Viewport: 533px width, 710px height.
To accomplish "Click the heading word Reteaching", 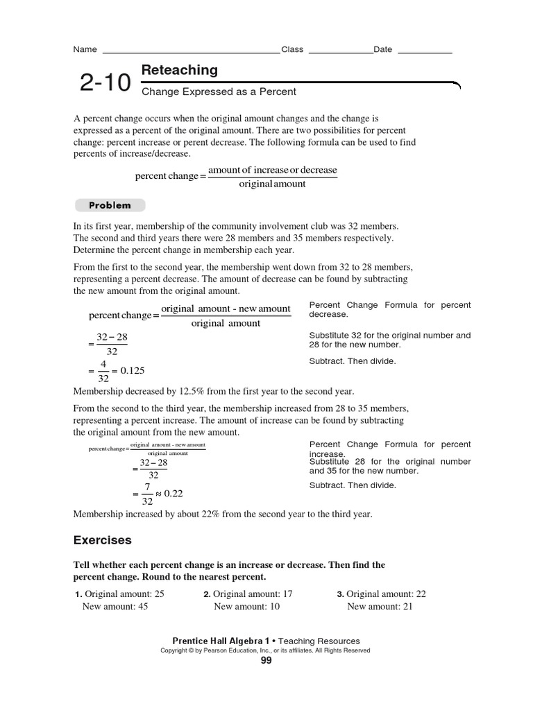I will (179, 70).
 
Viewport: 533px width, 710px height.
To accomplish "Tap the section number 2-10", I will (105, 83).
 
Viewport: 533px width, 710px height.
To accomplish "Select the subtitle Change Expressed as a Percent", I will (219, 92).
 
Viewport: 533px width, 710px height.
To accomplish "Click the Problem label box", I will (110, 205).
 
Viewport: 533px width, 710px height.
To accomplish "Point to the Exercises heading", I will (102, 539).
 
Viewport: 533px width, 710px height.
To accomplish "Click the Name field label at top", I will (85, 49).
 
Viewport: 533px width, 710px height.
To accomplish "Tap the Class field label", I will (292, 49).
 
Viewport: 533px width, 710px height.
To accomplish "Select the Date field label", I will (382, 49).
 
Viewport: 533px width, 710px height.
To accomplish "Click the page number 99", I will (266, 660).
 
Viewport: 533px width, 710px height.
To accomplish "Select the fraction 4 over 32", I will (103, 371).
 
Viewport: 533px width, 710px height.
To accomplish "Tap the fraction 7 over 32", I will (146, 494).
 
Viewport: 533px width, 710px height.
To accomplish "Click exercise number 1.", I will (78, 594).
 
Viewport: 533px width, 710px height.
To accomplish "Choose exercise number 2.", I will (207, 594).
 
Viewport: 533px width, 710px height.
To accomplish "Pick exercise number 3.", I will (340, 594).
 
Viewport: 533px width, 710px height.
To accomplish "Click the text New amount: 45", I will (115, 606).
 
